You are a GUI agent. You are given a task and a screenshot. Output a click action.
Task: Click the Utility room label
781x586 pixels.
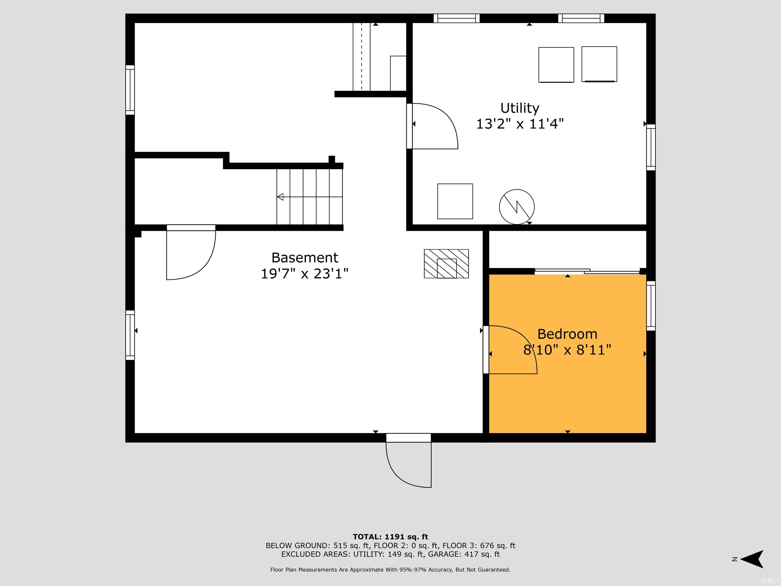tap(520, 108)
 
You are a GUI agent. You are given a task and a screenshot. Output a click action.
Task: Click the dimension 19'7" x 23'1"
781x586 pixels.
tap(305, 274)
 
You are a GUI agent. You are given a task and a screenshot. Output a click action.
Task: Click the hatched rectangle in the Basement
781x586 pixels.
tap(446, 263)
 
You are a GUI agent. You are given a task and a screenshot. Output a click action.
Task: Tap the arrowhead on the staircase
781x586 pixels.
tap(280, 197)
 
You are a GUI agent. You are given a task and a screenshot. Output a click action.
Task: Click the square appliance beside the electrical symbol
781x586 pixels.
tap(455, 201)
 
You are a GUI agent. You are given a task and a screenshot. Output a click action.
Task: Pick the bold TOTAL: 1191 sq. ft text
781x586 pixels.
tap(390, 537)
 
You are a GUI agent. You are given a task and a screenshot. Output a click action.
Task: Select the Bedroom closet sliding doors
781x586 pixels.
tap(587, 271)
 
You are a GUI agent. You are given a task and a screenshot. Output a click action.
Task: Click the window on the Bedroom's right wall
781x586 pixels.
tap(651, 306)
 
